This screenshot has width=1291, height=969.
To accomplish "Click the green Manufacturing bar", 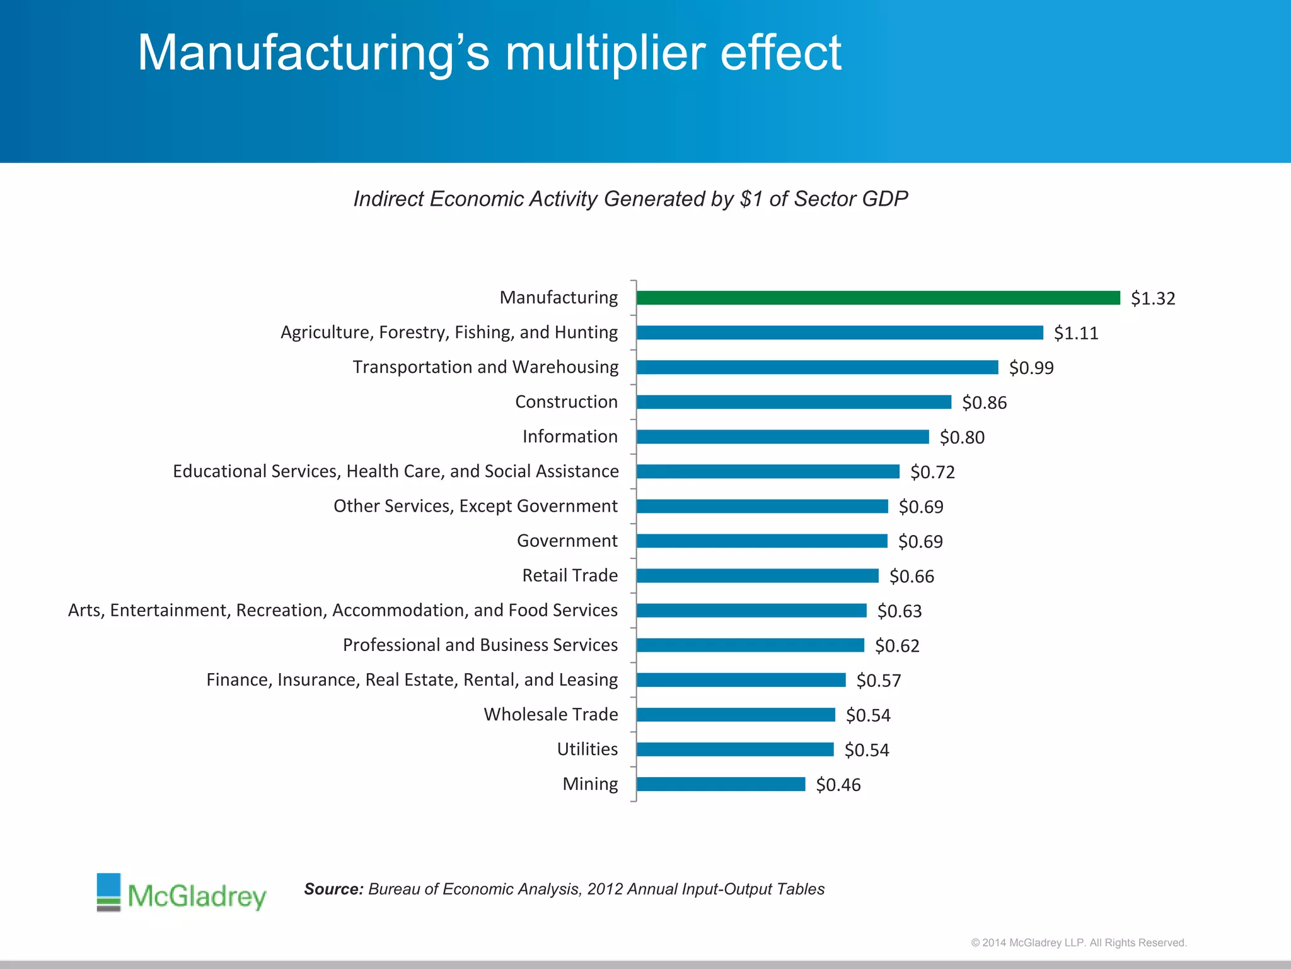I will (x=877, y=298).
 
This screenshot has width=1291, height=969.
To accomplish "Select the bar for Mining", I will (x=721, y=784).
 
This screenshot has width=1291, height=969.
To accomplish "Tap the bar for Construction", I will (x=793, y=402).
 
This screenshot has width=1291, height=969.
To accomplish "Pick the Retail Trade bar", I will (x=756, y=575).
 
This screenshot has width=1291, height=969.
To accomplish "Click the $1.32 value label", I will (x=1152, y=298).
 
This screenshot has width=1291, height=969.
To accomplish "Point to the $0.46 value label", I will (x=838, y=785).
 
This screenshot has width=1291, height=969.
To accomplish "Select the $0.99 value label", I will (x=1031, y=368).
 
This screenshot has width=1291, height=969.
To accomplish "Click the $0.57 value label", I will (x=878, y=681).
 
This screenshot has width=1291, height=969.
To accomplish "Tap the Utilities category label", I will (x=587, y=749).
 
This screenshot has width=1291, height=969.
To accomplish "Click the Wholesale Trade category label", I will (x=550, y=714).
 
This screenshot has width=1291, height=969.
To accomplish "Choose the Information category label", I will (x=569, y=437).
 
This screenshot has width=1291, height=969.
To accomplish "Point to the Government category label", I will (x=567, y=541).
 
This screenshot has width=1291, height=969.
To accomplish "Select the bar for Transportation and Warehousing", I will (x=817, y=367).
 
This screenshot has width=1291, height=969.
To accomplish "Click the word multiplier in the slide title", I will (x=605, y=53).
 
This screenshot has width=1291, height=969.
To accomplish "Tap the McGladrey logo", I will (x=182, y=893).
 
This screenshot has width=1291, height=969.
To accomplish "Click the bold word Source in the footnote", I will (x=333, y=889).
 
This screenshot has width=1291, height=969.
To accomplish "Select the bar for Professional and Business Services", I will (x=750, y=645).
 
